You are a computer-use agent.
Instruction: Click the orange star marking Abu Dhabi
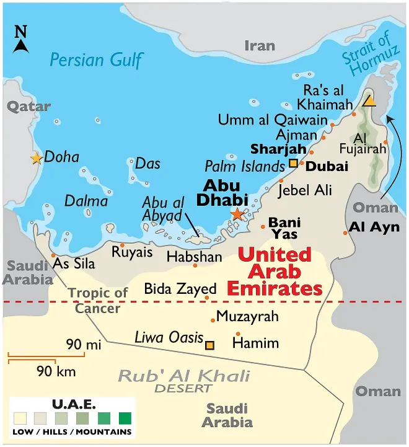tap(237, 214)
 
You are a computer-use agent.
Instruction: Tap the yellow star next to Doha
tap(36, 159)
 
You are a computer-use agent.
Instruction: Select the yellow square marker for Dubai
tap(293, 164)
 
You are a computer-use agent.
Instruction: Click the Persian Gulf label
tap(96, 60)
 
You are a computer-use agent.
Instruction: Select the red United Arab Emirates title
tap(275, 272)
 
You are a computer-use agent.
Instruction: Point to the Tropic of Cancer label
tap(98, 300)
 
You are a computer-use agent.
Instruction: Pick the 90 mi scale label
tap(84, 345)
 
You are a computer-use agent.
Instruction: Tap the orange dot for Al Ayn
tap(346, 232)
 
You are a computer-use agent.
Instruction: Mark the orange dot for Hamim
tap(238, 334)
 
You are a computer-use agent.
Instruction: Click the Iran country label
tap(259, 45)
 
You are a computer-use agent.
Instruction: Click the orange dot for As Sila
tap(53, 255)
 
